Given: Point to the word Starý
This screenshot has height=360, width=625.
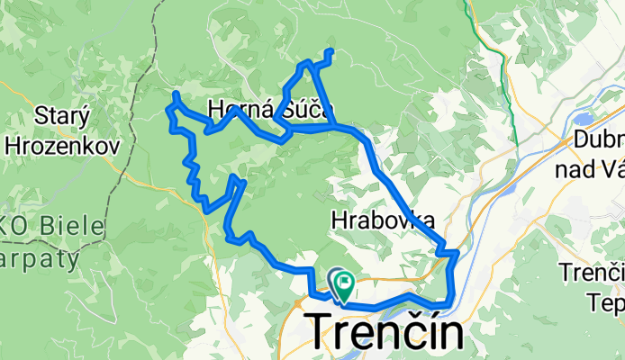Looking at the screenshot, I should [x=60, y=115].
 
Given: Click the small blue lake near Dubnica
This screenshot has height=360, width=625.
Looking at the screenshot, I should [x=584, y=118].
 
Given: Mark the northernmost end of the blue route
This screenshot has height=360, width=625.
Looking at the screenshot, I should [x=332, y=51].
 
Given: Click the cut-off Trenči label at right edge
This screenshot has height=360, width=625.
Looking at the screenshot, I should [x=593, y=271].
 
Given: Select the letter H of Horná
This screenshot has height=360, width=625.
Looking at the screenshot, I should [x=215, y=110].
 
